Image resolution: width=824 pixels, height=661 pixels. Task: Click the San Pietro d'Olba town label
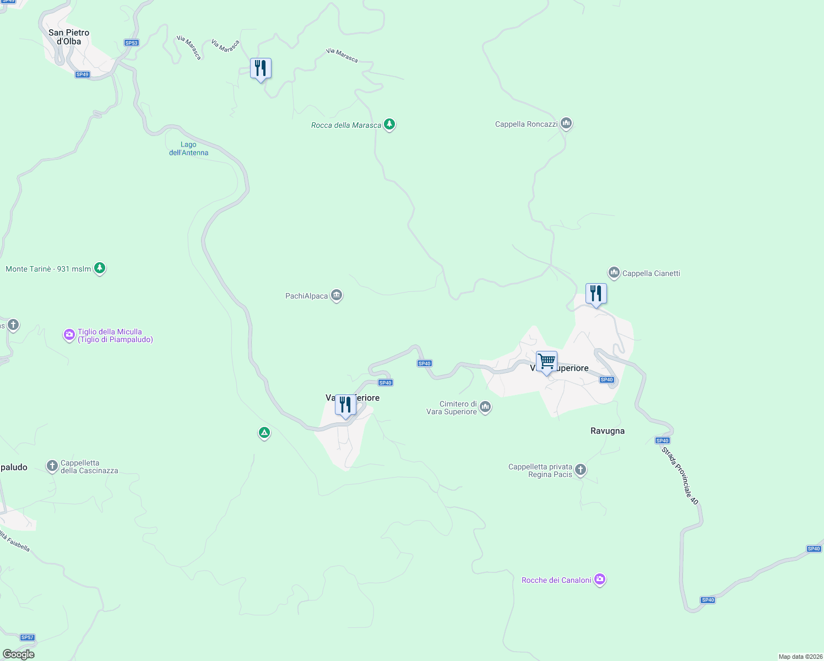tap(69, 37)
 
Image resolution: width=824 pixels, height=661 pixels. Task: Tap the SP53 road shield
tap(132, 43)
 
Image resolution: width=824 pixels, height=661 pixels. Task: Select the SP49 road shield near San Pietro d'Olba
tap(82, 74)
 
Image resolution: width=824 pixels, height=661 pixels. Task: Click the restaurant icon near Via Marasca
tap(261, 69)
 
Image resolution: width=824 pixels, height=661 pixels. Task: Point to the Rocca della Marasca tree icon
tap(389, 124)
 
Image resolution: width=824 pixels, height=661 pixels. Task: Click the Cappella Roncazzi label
tap(526, 124)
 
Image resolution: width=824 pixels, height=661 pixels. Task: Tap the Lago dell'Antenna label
tap(188, 149)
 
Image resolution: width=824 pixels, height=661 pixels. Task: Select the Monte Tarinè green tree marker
tap(100, 268)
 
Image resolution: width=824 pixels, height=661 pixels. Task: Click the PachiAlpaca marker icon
tap(337, 296)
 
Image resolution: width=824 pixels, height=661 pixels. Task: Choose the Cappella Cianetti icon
tap(614, 273)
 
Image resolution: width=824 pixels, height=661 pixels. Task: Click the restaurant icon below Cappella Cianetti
tap(596, 294)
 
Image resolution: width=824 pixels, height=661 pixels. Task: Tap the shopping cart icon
tap(546, 362)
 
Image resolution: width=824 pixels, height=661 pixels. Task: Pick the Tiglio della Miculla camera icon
tap(69, 335)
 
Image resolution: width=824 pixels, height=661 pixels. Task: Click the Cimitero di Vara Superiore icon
tap(485, 407)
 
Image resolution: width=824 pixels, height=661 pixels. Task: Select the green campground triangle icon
tap(264, 433)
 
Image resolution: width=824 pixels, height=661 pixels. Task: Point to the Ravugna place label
tap(608, 431)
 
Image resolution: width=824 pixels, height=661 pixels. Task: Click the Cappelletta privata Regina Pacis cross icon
tap(581, 470)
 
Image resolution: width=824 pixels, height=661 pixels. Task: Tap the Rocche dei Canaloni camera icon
tap(600, 580)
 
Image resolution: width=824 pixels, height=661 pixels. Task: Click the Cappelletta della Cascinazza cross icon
tap(52, 467)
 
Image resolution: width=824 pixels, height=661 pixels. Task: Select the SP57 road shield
tap(28, 637)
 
